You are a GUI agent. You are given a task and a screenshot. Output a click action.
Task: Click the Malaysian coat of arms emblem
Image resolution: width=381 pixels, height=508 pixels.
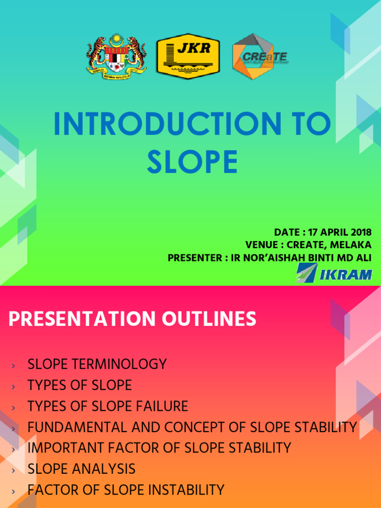pyautogui.click(x=117, y=56)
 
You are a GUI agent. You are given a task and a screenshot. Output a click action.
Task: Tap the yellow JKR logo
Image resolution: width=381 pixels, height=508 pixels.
pyautogui.click(x=188, y=56)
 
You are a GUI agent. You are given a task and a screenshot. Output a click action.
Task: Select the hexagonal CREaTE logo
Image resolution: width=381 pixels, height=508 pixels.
pyautogui.click(x=259, y=57)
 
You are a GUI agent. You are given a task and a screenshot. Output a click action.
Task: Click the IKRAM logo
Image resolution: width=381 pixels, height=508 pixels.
pyautogui.click(x=334, y=273)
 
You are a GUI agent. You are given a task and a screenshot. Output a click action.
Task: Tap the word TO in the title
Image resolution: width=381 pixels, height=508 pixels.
pyautogui.click(x=309, y=125)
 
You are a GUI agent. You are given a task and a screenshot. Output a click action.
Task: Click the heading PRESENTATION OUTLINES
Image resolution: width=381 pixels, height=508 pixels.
pyautogui.click(x=132, y=319)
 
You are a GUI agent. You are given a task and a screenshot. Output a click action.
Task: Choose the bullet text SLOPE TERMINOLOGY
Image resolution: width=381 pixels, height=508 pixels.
pyautogui.click(x=97, y=364)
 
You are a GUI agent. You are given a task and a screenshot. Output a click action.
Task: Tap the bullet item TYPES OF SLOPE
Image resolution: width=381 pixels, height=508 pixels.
pyautogui.click(x=80, y=385)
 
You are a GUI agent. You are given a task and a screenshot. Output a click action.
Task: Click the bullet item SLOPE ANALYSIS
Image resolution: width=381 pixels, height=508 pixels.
pyautogui.click(x=81, y=469)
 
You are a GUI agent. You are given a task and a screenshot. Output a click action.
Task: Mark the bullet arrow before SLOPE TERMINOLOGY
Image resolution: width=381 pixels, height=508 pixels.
pyautogui.click(x=13, y=366)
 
